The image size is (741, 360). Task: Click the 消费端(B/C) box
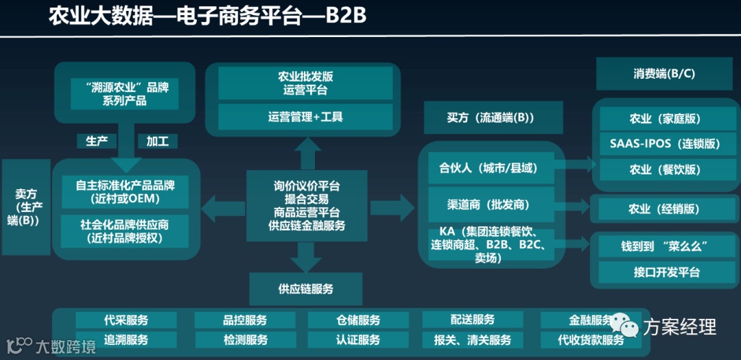coord(664,74)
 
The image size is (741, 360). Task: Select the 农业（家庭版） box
coord(664,119)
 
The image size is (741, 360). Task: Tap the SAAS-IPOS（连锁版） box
coord(664,144)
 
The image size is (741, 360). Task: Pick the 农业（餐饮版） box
coord(664,169)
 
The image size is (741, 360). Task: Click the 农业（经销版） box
coord(664,209)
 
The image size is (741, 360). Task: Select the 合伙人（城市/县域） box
coord(489,168)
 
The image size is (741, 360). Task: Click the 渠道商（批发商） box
coord(489,204)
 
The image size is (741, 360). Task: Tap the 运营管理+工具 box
coord(305,117)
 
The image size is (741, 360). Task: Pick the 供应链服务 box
coord(305,288)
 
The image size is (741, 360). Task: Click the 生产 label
coord(97,141)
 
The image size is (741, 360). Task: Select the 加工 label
coord(157,141)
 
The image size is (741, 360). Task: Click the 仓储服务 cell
coord(357,320)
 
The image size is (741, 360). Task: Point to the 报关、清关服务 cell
coord(473,340)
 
